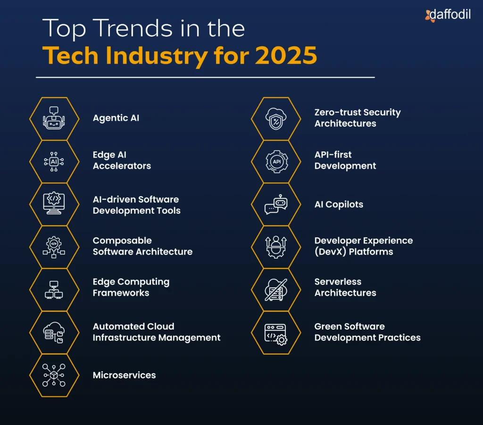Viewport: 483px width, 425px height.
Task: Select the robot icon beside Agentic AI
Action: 54,118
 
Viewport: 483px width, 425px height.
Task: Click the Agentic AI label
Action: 116,118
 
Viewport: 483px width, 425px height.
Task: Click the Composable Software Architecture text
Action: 142,246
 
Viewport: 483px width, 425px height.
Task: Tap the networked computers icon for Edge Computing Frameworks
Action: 54,290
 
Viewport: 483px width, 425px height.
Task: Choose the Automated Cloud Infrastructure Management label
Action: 156,332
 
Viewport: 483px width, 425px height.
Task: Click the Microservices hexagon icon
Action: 54,375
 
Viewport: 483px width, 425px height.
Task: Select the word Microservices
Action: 124,375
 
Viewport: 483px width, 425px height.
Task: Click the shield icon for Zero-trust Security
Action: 275,118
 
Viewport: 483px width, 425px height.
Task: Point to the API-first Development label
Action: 345,160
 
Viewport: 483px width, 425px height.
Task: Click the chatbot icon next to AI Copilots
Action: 275,204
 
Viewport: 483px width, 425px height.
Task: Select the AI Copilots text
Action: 339,204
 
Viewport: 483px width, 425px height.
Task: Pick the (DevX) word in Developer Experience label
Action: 330,252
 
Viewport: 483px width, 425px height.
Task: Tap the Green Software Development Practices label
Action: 367,332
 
